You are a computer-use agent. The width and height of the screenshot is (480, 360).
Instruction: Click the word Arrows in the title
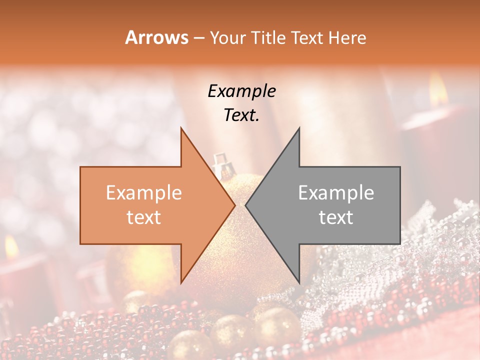(157, 37)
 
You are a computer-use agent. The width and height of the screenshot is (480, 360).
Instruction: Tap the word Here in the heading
(347, 37)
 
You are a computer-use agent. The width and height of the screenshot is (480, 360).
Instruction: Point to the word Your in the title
(228, 37)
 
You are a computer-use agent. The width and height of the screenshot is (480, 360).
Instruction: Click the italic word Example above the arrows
(241, 91)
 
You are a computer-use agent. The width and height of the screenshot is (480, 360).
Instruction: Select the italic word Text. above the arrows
(241, 115)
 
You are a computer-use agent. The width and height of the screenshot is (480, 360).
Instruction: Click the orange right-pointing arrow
(150, 205)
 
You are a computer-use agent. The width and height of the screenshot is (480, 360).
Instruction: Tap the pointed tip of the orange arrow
(234, 205)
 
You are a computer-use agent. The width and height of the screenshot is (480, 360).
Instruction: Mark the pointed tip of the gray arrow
(246, 205)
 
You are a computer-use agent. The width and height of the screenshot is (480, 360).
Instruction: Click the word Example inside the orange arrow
(144, 193)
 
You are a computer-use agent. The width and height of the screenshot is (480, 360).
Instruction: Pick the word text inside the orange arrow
(144, 217)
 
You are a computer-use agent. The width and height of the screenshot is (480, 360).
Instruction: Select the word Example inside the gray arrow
(336, 193)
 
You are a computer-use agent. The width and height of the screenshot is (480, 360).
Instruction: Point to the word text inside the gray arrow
(336, 217)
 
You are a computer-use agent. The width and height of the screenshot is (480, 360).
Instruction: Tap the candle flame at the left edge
(10, 246)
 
